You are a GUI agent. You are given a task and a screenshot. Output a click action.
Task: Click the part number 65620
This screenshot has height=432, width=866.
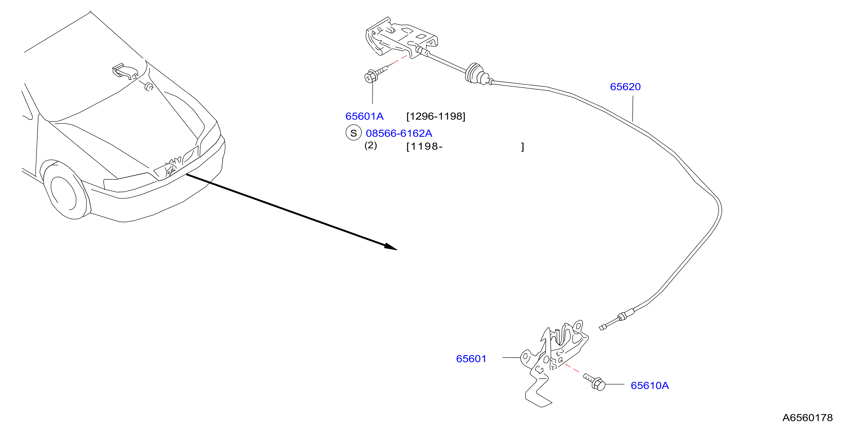coord(625,87)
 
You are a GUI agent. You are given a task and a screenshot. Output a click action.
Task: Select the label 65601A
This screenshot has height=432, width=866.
coord(364,116)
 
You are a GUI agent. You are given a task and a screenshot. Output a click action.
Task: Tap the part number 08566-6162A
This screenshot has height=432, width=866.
coord(399,133)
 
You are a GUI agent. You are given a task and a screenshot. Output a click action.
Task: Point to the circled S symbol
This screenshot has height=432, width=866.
coord(353,133)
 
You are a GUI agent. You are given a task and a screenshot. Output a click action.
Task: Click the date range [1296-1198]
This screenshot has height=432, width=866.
coord(436,116)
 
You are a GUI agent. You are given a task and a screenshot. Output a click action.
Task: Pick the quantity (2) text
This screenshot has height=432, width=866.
coord(370,145)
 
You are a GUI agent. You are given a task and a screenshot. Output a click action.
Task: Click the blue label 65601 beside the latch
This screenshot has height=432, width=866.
coord(471,359)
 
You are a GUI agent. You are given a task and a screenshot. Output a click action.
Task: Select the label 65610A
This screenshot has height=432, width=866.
coord(649,386)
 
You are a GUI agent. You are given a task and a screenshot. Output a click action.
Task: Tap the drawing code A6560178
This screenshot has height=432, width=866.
coord(807,417)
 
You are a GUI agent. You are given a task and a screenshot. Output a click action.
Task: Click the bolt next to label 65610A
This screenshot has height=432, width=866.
coord(594,382)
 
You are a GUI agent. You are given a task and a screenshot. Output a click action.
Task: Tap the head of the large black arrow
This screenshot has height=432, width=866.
coord(391,247)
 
